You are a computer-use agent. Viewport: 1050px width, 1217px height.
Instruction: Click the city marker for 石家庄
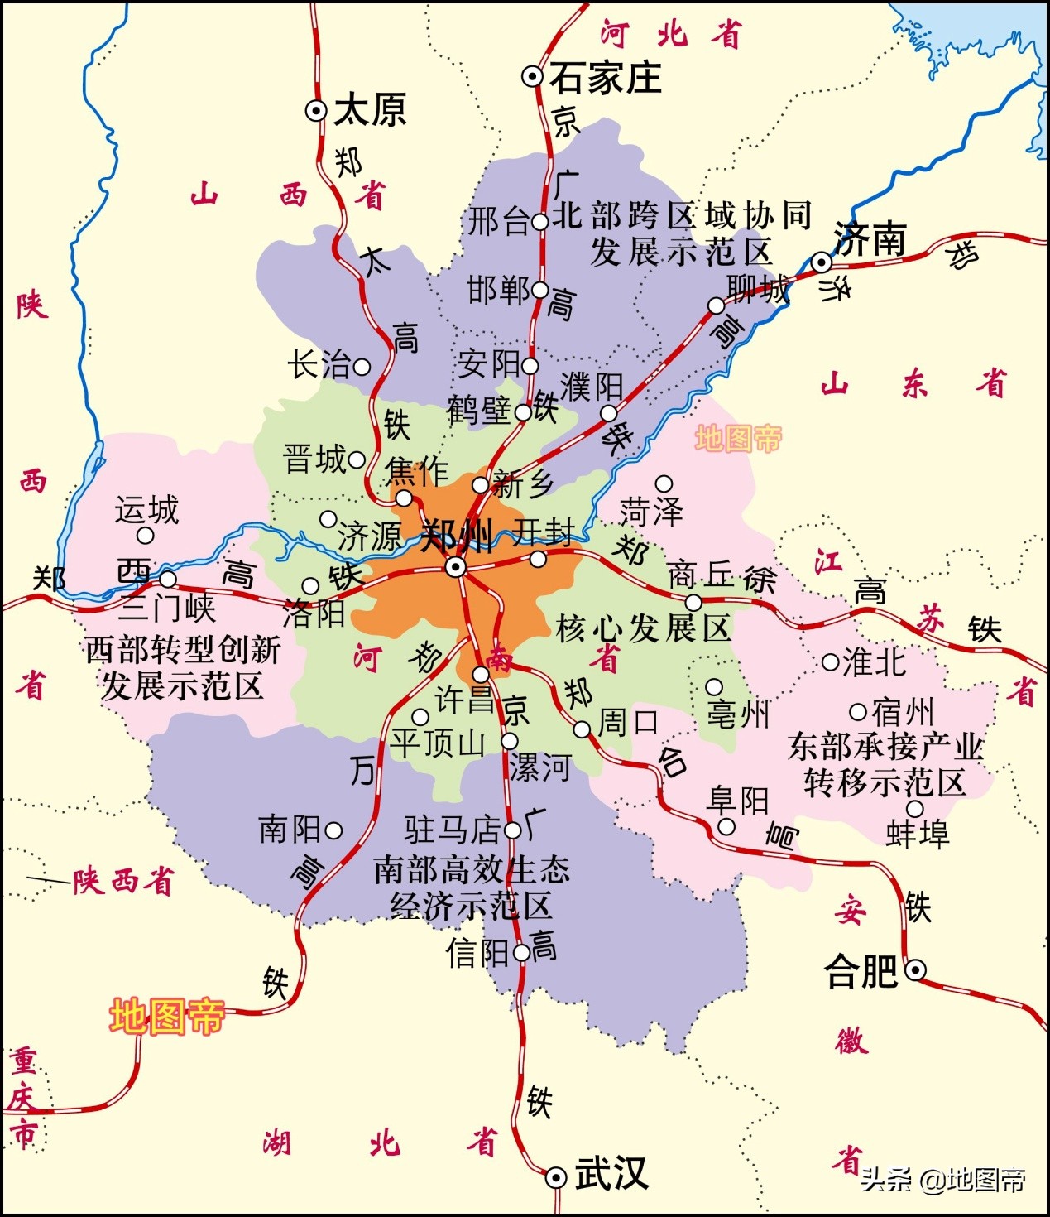[x=532, y=77]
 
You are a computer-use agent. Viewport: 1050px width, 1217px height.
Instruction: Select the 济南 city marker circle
[x=821, y=262]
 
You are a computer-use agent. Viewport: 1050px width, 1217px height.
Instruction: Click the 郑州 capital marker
[x=455, y=567]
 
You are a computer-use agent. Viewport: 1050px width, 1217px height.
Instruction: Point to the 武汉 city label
[x=611, y=1175]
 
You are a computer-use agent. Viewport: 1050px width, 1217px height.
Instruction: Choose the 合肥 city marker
[x=915, y=969]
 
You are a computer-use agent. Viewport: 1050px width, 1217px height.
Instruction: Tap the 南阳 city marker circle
[x=333, y=830]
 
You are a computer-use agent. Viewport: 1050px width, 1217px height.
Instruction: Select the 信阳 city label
[x=477, y=954]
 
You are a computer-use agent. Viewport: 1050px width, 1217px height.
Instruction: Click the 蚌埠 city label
[x=917, y=834]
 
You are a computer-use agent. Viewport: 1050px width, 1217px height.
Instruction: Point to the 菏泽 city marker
[x=664, y=483]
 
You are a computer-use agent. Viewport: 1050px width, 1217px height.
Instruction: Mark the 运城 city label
[x=146, y=510]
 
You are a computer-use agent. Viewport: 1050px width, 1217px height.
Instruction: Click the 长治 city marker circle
[x=362, y=365]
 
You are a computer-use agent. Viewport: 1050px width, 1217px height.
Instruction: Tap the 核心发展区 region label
[x=643, y=628]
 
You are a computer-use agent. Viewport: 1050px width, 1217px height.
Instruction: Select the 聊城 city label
[x=757, y=289]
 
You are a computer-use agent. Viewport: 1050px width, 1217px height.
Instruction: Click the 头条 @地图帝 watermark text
[x=943, y=1179]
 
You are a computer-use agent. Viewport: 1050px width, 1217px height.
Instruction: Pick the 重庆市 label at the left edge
[x=22, y=1097]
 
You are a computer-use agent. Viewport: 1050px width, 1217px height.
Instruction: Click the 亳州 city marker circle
[x=713, y=687]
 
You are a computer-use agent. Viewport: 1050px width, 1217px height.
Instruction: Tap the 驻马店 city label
[x=452, y=830]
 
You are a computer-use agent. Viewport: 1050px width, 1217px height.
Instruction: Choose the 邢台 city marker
[x=539, y=222]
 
